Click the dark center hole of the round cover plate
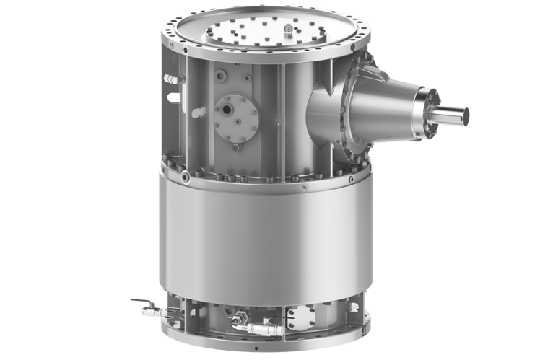[229, 110]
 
